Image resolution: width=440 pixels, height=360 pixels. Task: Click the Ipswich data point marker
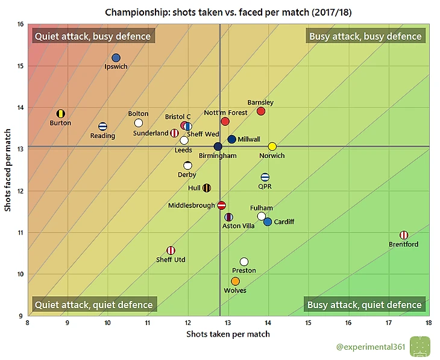pyautogui.click(x=116, y=58)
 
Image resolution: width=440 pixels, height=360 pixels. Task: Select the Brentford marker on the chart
pyautogui.click(x=404, y=235)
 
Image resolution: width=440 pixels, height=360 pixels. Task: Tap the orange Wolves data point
pyautogui.click(x=235, y=281)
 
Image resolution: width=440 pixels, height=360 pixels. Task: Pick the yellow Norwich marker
pyautogui.click(x=272, y=147)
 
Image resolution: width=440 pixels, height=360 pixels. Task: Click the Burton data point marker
pyautogui.click(x=60, y=113)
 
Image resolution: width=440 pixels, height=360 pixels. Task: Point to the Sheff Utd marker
pyautogui.click(x=171, y=250)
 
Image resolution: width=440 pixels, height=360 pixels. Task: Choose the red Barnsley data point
pyautogui.click(x=261, y=111)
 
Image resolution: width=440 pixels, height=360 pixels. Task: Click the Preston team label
pyautogui.click(x=244, y=271)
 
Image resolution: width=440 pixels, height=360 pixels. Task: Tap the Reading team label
pyautogui.click(x=102, y=136)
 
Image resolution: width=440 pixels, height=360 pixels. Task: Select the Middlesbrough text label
pyautogui.click(x=192, y=206)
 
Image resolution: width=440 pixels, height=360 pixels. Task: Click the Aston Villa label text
pyautogui.click(x=239, y=226)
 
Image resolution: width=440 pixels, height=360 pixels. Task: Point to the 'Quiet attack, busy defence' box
pyautogui.click(x=93, y=36)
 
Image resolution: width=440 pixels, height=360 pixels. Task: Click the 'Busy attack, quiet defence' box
pyautogui.click(x=365, y=305)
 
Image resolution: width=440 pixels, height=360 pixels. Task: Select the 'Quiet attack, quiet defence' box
pyautogui.click(x=93, y=305)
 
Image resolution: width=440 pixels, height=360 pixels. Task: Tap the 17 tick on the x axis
pyautogui.click(x=388, y=323)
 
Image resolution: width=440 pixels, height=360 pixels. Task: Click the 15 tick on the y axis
pyautogui.click(x=20, y=66)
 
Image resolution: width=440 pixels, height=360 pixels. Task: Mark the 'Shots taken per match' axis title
pyautogui.click(x=228, y=333)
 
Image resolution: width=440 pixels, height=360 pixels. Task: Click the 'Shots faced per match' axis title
pyautogui.click(x=8, y=170)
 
